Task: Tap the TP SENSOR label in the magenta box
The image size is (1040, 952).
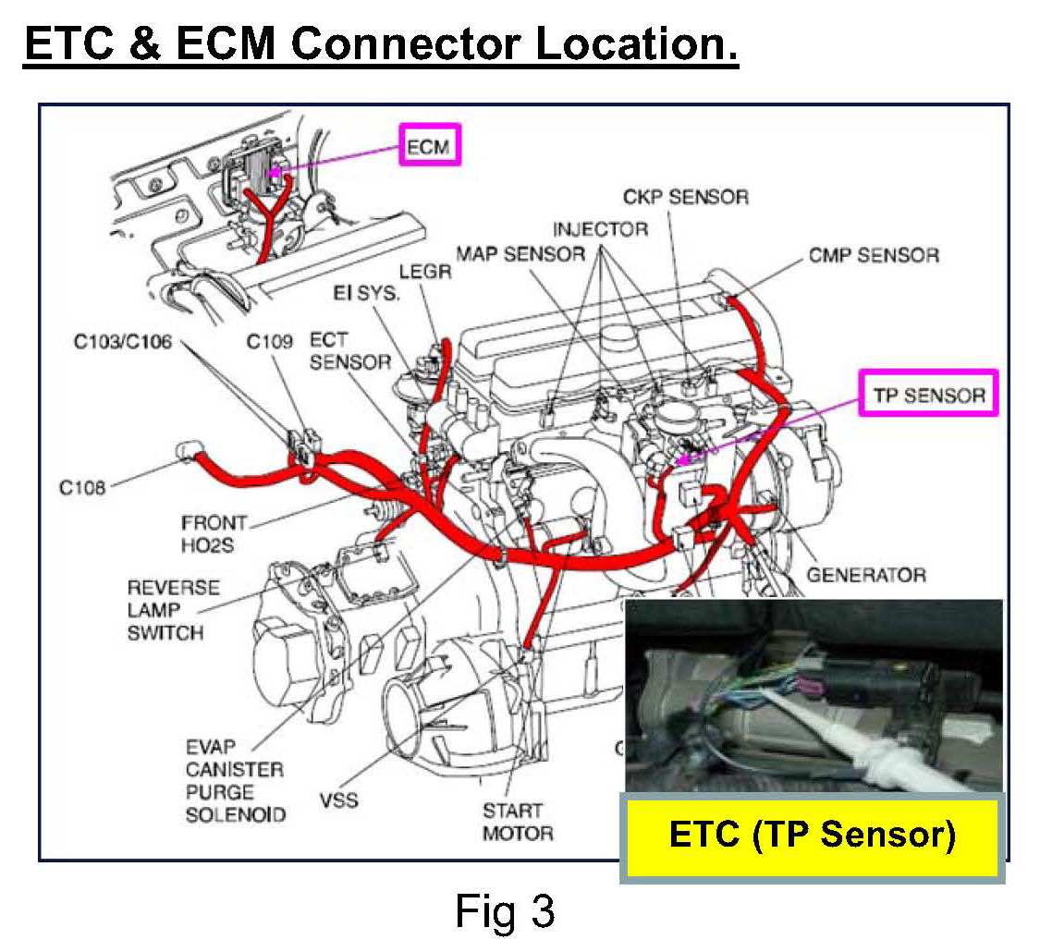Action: [x=929, y=395]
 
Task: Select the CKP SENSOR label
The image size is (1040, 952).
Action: [x=685, y=197]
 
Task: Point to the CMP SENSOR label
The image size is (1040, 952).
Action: [x=874, y=255]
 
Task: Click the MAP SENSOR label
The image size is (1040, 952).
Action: [x=520, y=253]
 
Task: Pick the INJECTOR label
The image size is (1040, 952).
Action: [x=601, y=228]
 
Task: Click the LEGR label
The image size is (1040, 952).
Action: [x=425, y=272]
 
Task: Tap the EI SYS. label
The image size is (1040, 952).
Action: [x=366, y=293]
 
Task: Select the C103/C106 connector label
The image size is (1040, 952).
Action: [x=123, y=341]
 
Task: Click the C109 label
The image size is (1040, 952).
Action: [x=269, y=341]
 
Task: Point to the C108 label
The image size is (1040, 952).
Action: [x=83, y=487]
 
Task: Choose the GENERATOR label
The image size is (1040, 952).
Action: [x=866, y=575]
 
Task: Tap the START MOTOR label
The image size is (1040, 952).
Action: [x=518, y=822]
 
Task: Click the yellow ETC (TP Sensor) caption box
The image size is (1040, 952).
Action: [x=812, y=835]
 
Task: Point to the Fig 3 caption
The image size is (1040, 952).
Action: [x=505, y=910]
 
